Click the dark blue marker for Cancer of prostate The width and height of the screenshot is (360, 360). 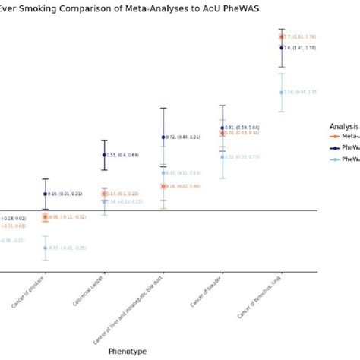click(x=46, y=194)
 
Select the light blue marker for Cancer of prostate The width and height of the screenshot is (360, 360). click(x=46, y=248)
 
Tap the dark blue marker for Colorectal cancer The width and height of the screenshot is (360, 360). click(x=105, y=155)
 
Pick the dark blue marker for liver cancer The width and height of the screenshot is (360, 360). click(x=163, y=137)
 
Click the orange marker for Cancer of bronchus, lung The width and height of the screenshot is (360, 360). click(x=282, y=36)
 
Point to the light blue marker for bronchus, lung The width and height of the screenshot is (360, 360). click(x=282, y=93)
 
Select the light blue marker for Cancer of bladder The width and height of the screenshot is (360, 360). click(x=223, y=157)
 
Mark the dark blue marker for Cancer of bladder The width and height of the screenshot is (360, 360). click(x=223, y=128)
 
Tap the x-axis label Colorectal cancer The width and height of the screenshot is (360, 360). click(x=93, y=297)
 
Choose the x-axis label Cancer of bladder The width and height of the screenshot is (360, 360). click(x=210, y=297)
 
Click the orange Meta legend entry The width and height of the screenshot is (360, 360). click(x=346, y=135)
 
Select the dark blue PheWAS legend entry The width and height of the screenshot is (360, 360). click(x=346, y=147)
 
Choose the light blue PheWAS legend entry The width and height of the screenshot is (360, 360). click(x=346, y=159)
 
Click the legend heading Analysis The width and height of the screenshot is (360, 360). click(x=344, y=124)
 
